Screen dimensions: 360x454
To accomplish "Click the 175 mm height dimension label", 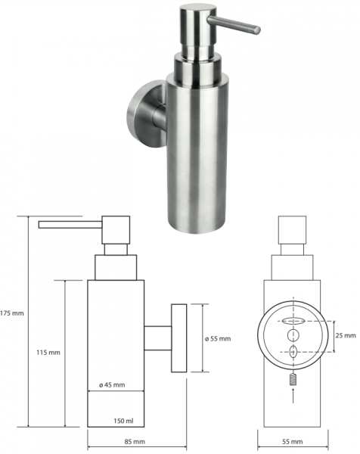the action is point(12,313).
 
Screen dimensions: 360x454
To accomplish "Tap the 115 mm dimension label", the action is point(48,353).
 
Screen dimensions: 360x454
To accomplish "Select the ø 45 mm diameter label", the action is point(112,385).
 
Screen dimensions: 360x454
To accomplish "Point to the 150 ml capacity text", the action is point(123,421).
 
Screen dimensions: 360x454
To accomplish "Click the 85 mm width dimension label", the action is point(135,442).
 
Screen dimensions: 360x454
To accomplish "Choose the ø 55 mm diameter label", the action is point(218,339).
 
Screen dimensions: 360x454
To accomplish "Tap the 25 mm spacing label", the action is point(346,335).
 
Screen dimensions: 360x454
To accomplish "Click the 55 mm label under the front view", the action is point(293,442).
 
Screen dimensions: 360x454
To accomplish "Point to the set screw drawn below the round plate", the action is point(293,379).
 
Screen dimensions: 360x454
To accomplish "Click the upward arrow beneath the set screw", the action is point(293,396).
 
